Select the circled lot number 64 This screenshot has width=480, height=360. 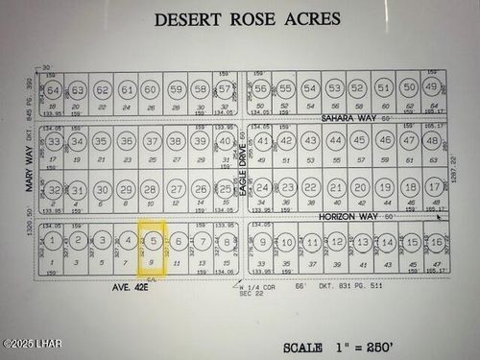coord(54,90)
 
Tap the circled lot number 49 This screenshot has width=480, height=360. coord(433,89)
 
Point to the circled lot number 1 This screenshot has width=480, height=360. coord(54,239)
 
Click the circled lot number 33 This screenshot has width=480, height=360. coord(54,141)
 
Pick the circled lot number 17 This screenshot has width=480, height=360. coord(434,186)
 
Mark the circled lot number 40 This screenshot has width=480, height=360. coord(225,140)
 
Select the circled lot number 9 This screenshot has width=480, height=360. coord(262,240)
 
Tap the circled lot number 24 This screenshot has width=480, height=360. coord(262,186)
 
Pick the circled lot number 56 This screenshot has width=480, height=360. coord(261,89)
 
